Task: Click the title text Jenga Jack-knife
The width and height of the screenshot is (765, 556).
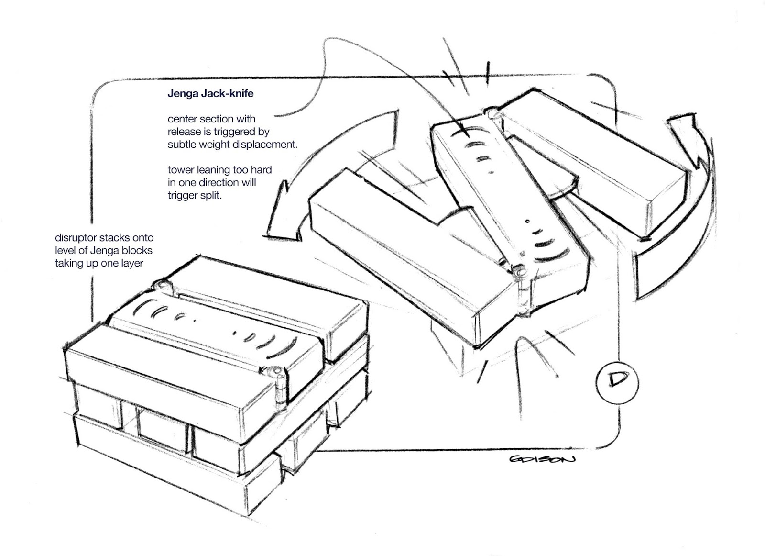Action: (x=210, y=94)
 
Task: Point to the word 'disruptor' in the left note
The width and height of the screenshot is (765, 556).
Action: (x=74, y=238)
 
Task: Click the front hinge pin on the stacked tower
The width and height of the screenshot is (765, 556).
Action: (x=276, y=372)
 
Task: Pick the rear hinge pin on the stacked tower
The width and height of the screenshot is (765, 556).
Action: (x=161, y=286)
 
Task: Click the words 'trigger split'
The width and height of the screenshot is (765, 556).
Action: (x=195, y=195)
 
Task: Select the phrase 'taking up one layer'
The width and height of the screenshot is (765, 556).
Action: (x=99, y=263)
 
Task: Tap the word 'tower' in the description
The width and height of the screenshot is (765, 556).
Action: (x=180, y=170)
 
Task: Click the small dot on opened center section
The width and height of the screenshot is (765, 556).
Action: (x=526, y=222)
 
